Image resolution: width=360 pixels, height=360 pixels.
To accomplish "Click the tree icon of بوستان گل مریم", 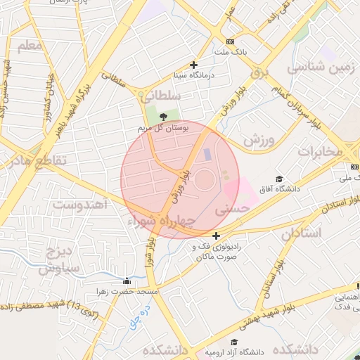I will tap(165, 117).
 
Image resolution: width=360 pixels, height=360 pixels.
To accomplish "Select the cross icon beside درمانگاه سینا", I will tap(194, 65).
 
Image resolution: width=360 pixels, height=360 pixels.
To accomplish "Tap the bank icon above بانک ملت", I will tap(231, 41).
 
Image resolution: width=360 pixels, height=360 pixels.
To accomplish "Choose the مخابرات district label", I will tap(320, 151).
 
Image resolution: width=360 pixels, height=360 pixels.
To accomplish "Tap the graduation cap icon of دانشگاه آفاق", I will tap(280, 179).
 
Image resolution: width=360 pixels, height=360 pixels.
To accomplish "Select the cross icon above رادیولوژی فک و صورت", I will tap(216, 236).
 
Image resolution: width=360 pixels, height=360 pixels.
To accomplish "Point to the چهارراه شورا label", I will tap(162, 221).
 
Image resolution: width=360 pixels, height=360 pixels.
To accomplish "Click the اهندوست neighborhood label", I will tap(79, 205).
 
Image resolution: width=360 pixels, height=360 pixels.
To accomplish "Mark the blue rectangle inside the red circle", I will tap(206, 154).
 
